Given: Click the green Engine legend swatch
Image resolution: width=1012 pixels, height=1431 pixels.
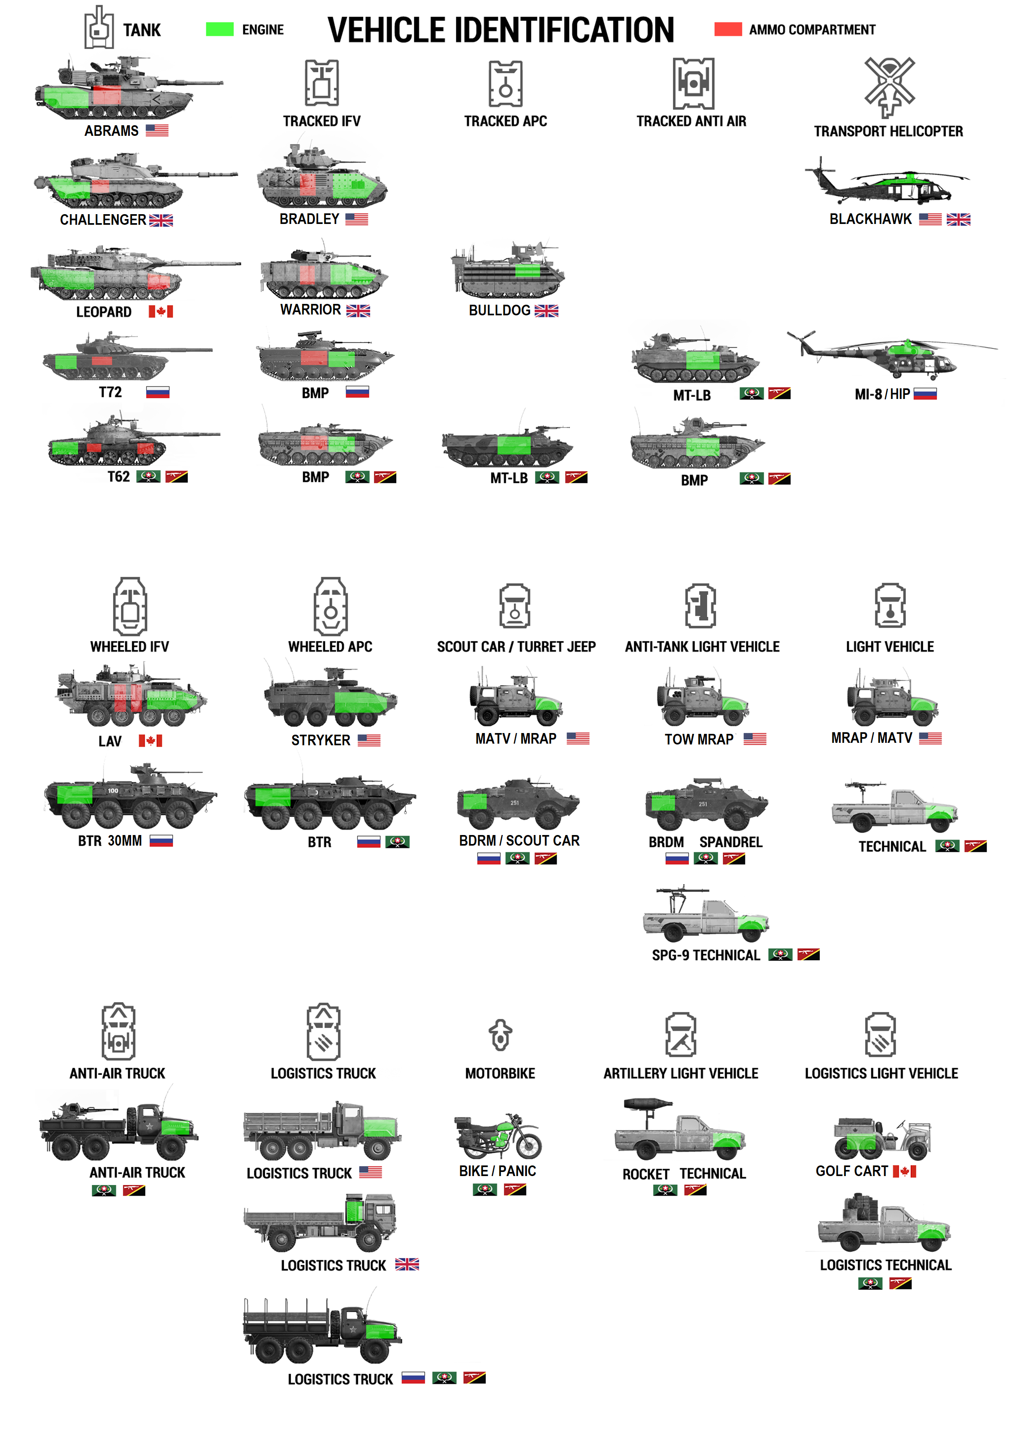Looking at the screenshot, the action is coord(220,29).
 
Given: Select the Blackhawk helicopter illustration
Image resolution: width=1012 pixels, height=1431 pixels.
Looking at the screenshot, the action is coord(887,182).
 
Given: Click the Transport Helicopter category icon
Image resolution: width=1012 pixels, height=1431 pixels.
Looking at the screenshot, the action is coord(889,87).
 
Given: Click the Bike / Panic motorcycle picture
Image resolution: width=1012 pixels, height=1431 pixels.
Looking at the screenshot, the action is coord(497,1136).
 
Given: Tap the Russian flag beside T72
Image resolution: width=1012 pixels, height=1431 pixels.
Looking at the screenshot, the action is coord(158,392).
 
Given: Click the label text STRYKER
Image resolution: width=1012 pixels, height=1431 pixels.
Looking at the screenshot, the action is coord(320,740).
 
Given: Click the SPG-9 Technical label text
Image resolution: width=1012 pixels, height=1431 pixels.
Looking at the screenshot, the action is coord(706,955).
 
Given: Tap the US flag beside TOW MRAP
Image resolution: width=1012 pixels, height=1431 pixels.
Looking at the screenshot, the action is coord(755,739).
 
